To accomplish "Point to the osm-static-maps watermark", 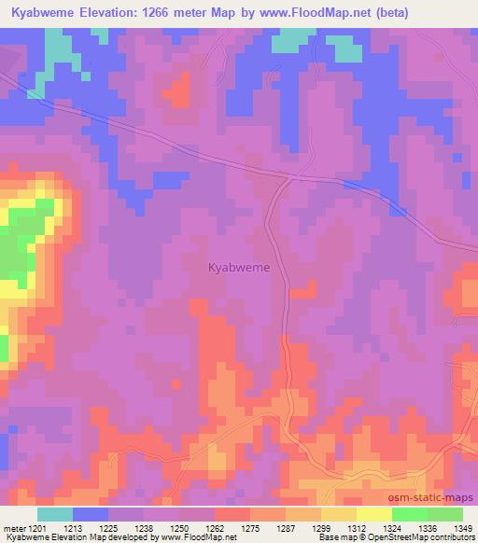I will (439, 500).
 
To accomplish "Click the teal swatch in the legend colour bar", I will (55, 514).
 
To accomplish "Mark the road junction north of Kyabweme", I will (289, 175).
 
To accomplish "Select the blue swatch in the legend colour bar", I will (91, 514).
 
